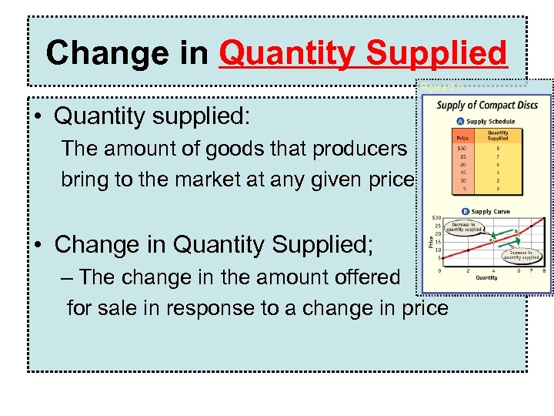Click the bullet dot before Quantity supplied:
click(x=38, y=118)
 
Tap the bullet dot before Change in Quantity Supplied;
click(x=38, y=245)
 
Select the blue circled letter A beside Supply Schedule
click(x=460, y=121)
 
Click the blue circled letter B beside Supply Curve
click(x=466, y=211)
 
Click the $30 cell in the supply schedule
click(x=462, y=147)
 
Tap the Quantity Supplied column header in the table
click(x=498, y=136)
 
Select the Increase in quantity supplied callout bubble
click(x=520, y=254)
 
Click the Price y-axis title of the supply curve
click(x=430, y=242)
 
